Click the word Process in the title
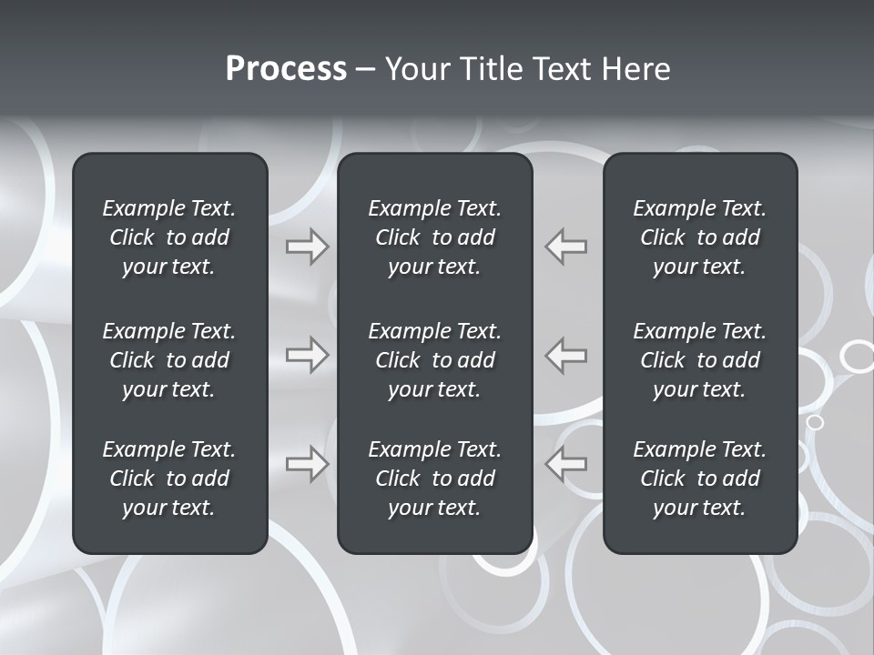click(x=286, y=69)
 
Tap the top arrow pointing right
click(x=307, y=247)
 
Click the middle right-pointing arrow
click(x=307, y=355)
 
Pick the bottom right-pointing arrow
click(x=307, y=464)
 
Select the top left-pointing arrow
click(x=565, y=247)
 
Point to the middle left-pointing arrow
click(x=565, y=355)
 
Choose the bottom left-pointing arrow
click(x=565, y=464)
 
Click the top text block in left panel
click(x=169, y=237)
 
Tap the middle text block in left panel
click(x=169, y=360)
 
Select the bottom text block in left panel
click(x=169, y=479)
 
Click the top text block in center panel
click(x=435, y=237)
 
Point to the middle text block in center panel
click(x=435, y=360)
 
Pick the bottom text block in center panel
click(x=435, y=479)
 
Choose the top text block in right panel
click(x=700, y=237)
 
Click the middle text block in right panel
click(x=700, y=360)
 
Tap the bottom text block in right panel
click(x=700, y=479)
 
